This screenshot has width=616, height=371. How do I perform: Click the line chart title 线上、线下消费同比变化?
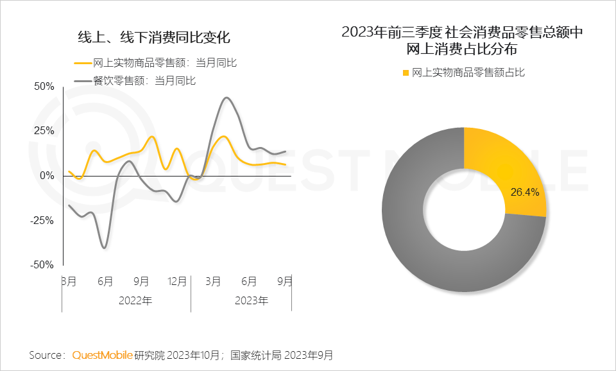[x=153, y=37]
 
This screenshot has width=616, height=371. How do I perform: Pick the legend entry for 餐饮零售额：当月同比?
[x=144, y=80]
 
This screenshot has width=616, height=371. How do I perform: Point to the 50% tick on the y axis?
[x=44, y=86]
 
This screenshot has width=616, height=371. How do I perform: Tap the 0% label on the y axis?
[x=47, y=175]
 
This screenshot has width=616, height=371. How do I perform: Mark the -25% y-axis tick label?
[x=42, y=220]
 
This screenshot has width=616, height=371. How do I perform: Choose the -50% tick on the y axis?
[x=42, y=264]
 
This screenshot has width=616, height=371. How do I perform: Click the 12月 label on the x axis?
[x=177, y=281]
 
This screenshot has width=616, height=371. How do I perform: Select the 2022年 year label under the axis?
[x=135, y=300]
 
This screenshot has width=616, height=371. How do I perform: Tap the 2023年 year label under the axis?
[x=252, y=300]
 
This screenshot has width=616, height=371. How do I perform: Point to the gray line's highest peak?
[x=227, y=98]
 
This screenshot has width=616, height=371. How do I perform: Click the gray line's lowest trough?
[x=104, y=248]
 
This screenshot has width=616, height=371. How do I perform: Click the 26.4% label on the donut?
[x=524, y=191]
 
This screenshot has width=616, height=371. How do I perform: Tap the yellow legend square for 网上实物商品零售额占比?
[x=405, y=73]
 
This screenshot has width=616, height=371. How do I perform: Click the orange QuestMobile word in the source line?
[x=102, y=355]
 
